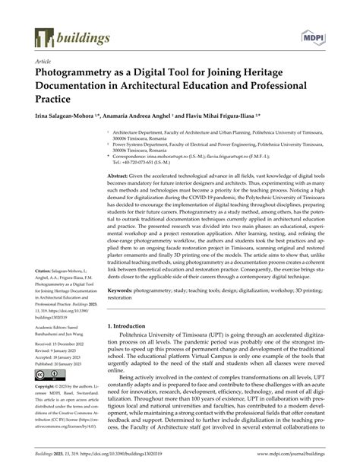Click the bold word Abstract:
tap(123, 176)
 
